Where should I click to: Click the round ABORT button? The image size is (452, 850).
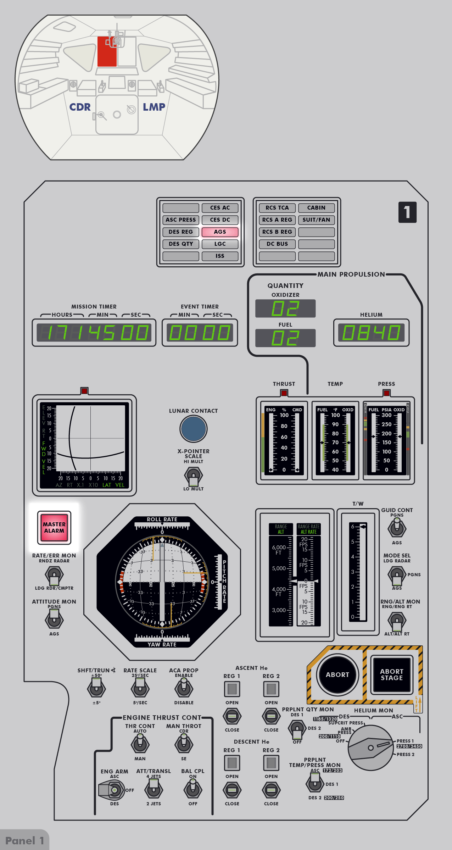click(x=337, y=675)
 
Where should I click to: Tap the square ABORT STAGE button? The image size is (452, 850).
click(x=391, y=675)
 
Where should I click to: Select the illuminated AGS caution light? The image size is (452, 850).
click(x=220, y=232)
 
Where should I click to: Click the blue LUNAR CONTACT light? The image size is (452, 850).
click(x=193, y=429)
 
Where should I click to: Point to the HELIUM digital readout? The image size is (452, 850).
click(x=371, y=333)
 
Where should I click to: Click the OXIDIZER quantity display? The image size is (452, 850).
click(x=285, y=309)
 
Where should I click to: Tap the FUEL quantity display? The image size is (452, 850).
click(x=285, y=338)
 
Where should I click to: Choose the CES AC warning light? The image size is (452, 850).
click(x=220, y=208)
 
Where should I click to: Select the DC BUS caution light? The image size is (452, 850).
click(x=277, y=244)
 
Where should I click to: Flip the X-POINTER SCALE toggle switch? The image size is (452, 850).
click(x=193, y=476)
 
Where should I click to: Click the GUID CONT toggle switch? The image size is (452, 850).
click(x=397, y=528)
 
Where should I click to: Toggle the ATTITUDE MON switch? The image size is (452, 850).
click(x=54, y=620)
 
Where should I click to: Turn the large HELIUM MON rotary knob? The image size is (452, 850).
click(x=370, y=748)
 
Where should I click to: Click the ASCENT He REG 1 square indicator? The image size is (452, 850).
click(x=232, y=689)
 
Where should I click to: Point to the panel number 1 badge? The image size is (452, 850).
click(x=407, y=212)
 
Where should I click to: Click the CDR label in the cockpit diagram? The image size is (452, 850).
click(x=80, y=107)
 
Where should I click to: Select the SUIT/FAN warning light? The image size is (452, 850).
click(x=316, y=220)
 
